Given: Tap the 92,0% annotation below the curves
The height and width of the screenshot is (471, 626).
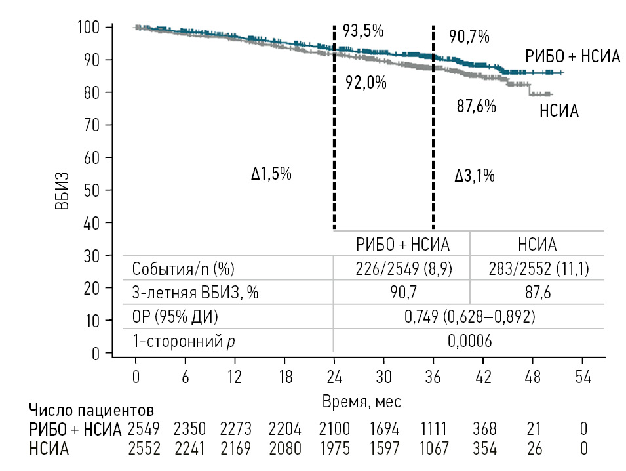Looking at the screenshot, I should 366,83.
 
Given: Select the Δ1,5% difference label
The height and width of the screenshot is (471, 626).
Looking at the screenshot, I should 271,174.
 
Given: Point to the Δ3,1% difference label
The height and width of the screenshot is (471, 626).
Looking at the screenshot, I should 474,176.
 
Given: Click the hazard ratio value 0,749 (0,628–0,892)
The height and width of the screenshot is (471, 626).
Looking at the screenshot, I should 469,317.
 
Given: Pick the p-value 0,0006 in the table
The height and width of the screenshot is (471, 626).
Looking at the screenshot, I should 469,341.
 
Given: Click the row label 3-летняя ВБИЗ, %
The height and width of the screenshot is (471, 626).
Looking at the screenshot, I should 195,293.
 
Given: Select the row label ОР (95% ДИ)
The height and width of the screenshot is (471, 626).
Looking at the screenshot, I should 175,317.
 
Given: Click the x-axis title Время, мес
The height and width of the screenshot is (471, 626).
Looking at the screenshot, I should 361,400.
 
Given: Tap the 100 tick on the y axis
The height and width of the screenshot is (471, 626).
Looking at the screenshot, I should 88,28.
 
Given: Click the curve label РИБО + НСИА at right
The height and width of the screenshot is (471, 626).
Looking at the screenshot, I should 572,56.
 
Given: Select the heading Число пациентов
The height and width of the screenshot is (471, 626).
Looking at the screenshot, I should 92,412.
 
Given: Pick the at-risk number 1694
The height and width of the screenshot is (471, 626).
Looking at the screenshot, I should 383,430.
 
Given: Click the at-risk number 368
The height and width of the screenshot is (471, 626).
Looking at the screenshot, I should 484,430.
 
